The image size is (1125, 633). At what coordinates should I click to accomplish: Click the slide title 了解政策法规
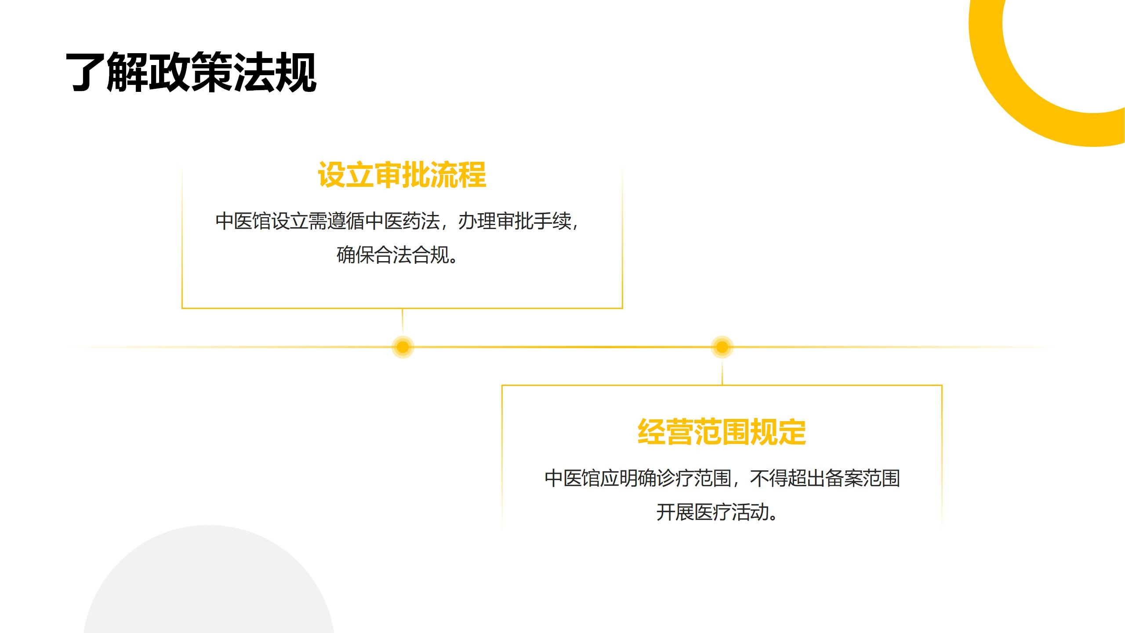tap(191, 72)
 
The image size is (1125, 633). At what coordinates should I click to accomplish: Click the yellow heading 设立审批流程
tap(402, 175)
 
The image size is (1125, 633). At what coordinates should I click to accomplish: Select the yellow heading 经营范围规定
tap(722, 432)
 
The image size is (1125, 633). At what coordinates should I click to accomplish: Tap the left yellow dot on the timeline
tap(403, 347)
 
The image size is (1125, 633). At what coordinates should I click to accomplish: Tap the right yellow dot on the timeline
tap(722, 347)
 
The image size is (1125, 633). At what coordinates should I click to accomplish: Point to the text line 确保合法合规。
tap(398, 255)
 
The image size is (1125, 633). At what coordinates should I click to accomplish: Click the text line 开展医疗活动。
tap(717, 512)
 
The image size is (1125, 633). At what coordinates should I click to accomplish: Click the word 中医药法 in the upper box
tap(403, 221)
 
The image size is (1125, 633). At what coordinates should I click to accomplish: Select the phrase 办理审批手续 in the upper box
tap(515, 221)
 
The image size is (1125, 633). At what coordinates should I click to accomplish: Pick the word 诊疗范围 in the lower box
tap(694, 478)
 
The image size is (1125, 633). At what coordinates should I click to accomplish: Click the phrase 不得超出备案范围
tap(825, 478)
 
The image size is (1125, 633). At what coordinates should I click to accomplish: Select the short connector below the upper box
tap(403, 322)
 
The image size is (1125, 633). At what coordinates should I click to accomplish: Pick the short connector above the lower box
tap(722, 372)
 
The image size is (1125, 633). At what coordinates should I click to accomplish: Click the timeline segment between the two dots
tap(562, 347)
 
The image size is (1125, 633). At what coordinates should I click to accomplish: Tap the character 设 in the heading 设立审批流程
tap(332, 175)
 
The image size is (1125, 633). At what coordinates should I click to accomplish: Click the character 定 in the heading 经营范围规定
tap(792, 432)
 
